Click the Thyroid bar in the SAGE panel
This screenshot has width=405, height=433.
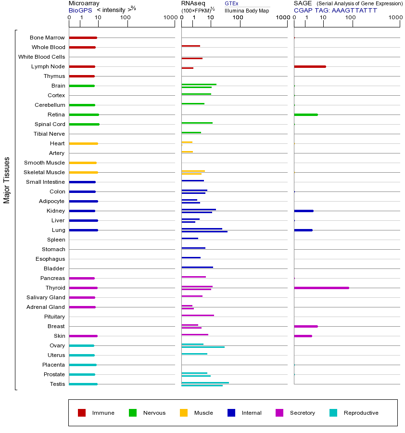point(321,288)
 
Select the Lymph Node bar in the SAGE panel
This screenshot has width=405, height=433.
point(310,66)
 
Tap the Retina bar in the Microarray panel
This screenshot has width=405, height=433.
point(84,115)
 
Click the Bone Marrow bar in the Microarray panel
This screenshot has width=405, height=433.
point(83,38)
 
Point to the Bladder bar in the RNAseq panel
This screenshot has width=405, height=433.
point(197,267)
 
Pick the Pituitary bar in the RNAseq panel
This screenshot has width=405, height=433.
point(198,315)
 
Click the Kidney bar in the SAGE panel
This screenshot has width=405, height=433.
point(304,211)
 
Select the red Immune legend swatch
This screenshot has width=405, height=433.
point(82,413)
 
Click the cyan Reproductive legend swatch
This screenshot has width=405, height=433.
point(333,413)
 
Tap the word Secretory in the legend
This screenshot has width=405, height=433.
point(302,413)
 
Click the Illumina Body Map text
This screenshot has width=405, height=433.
point(247,10)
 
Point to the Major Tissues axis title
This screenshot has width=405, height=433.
point(7,180)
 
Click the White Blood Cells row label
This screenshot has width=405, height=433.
point(41,57)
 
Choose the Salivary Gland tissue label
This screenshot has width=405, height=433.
point(46,297)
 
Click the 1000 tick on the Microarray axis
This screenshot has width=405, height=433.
point(169,18)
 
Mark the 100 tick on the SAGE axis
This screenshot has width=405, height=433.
point(351,18)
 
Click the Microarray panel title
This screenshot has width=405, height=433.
point(84,3)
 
